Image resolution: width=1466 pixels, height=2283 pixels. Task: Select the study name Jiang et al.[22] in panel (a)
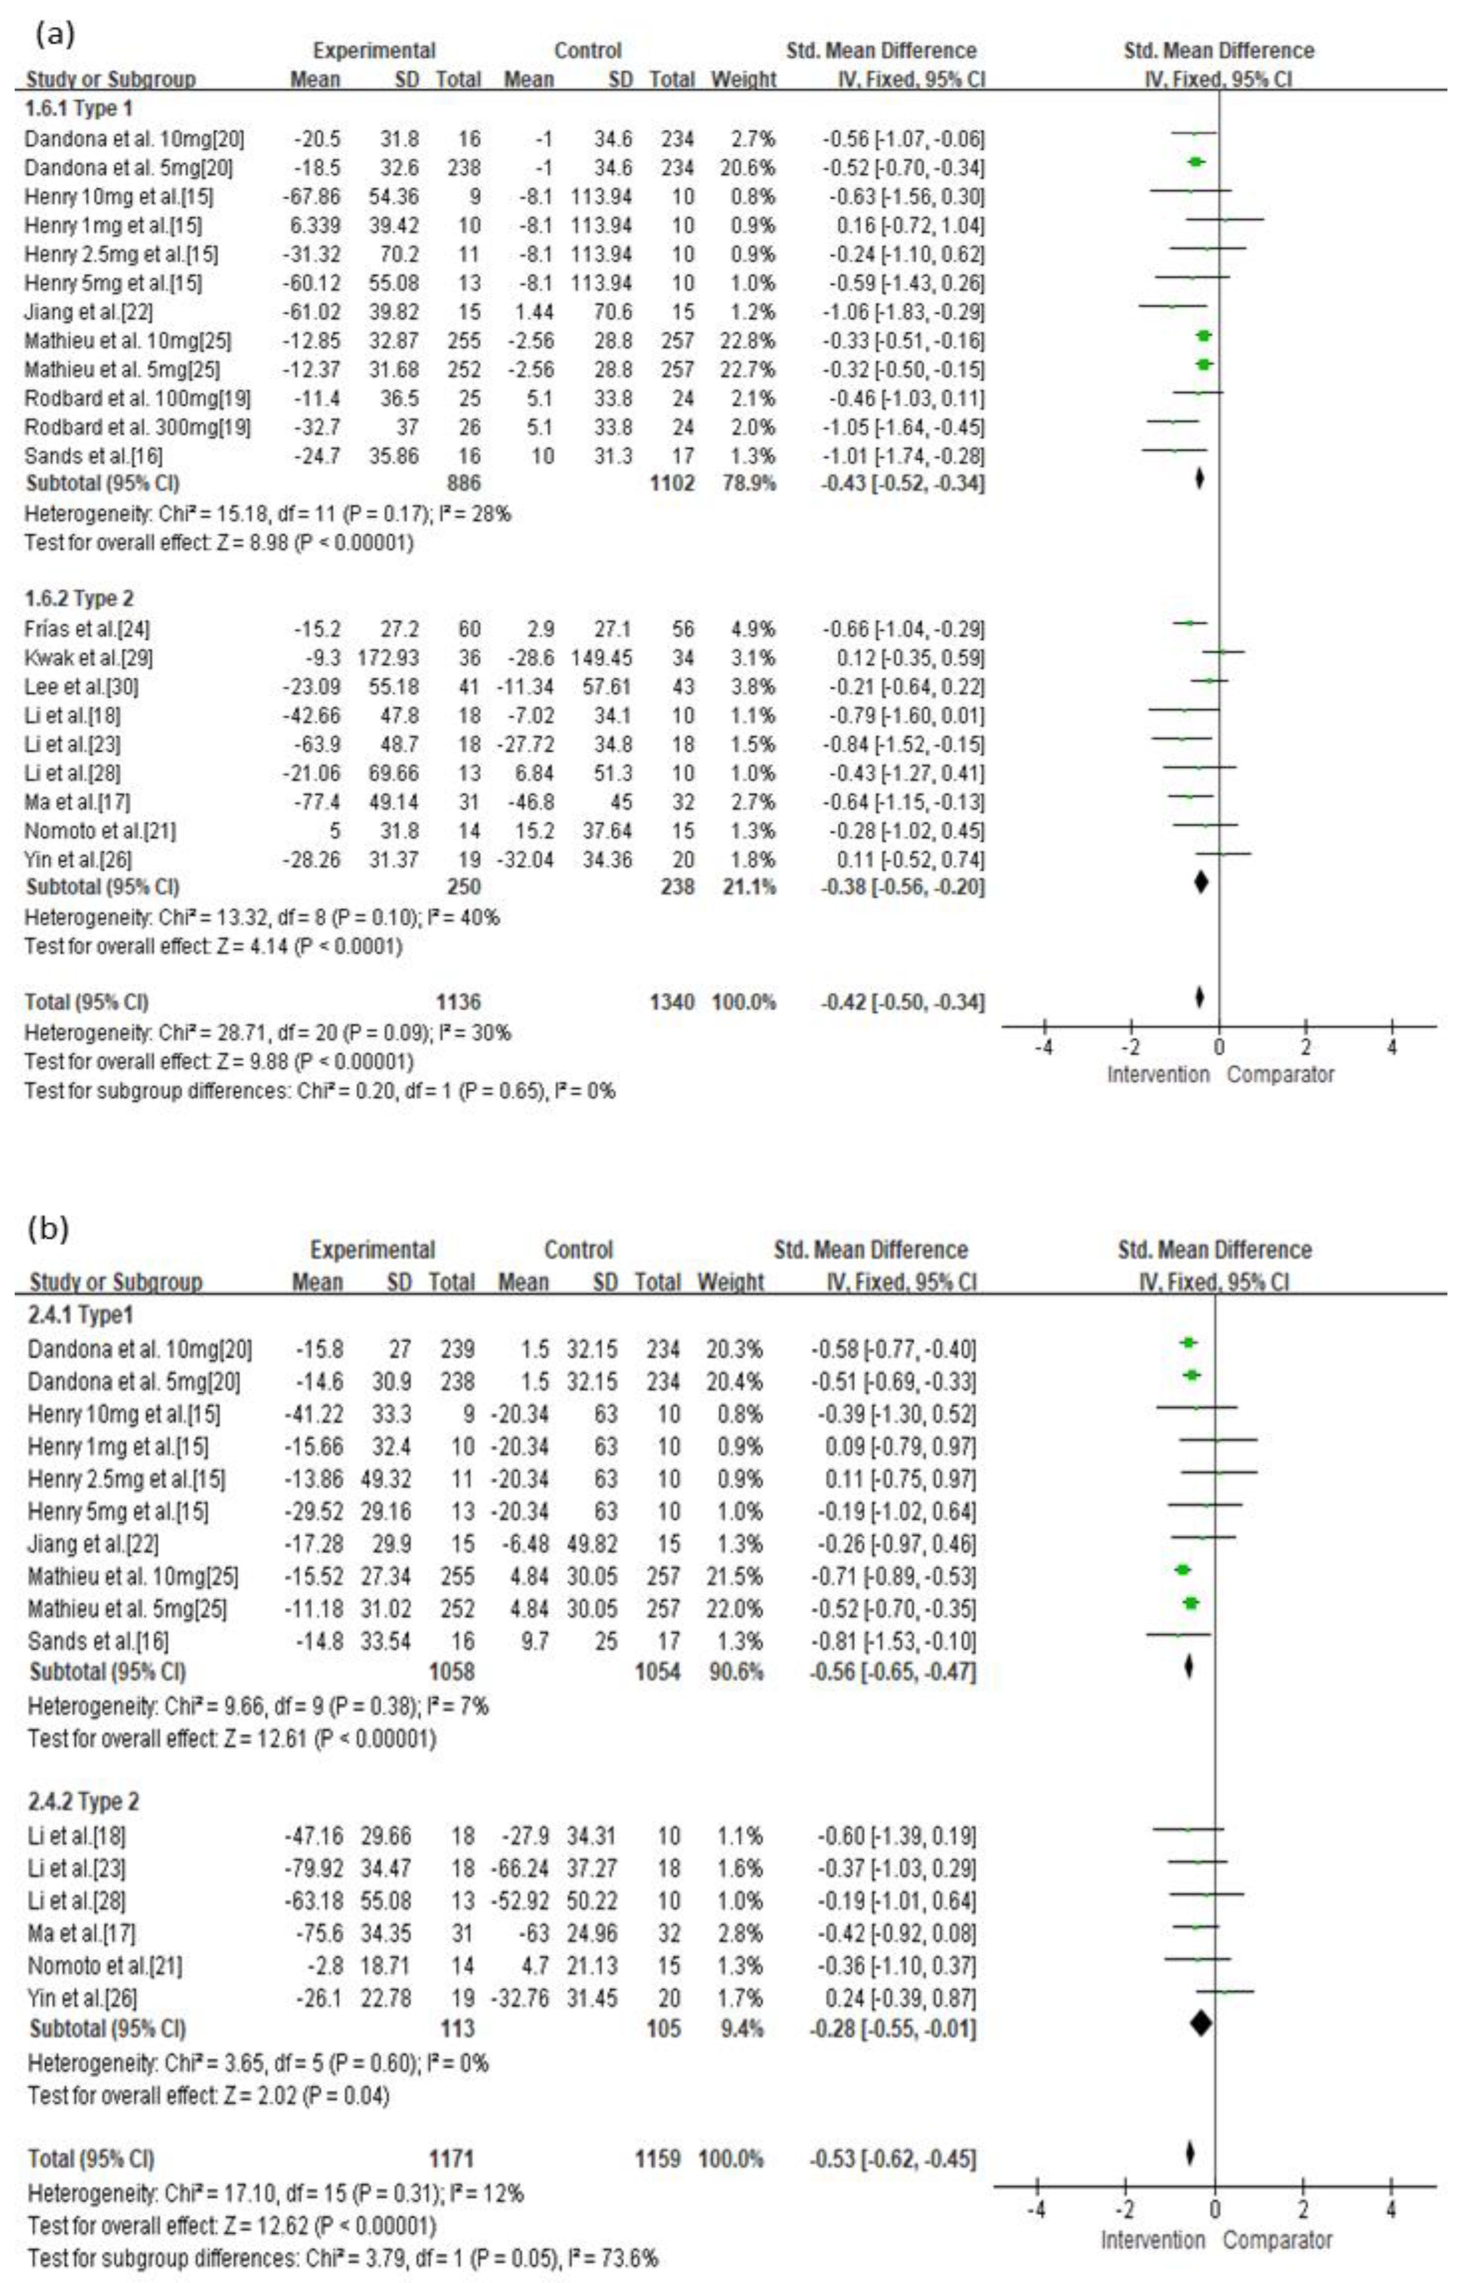pos(89,312)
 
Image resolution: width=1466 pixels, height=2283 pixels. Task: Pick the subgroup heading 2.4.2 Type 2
pos(84,1802)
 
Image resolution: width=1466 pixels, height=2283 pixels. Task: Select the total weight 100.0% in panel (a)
pos(744,1003)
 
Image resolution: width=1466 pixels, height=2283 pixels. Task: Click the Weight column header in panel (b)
pos(730,1282)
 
